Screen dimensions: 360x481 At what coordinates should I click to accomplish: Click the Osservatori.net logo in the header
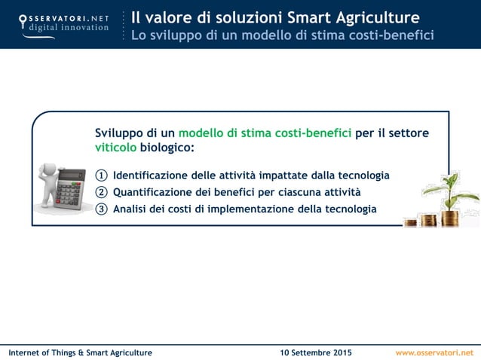pos(63,23)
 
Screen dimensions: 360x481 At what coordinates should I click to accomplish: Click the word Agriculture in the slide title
pos(376,17)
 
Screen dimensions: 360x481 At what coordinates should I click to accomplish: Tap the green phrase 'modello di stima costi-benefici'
pos(265,133)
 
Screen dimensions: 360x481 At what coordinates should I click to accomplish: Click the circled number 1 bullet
pos(102,175)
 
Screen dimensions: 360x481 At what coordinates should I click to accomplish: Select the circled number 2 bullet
pos(102,192)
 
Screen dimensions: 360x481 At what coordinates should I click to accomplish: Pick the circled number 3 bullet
pos(102,209)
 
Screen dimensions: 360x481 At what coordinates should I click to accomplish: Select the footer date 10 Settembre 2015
pos(315,352)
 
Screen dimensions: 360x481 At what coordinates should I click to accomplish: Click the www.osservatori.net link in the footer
pos(434,352)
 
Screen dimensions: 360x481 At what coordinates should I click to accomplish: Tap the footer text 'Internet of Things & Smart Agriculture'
pos(80,352)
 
